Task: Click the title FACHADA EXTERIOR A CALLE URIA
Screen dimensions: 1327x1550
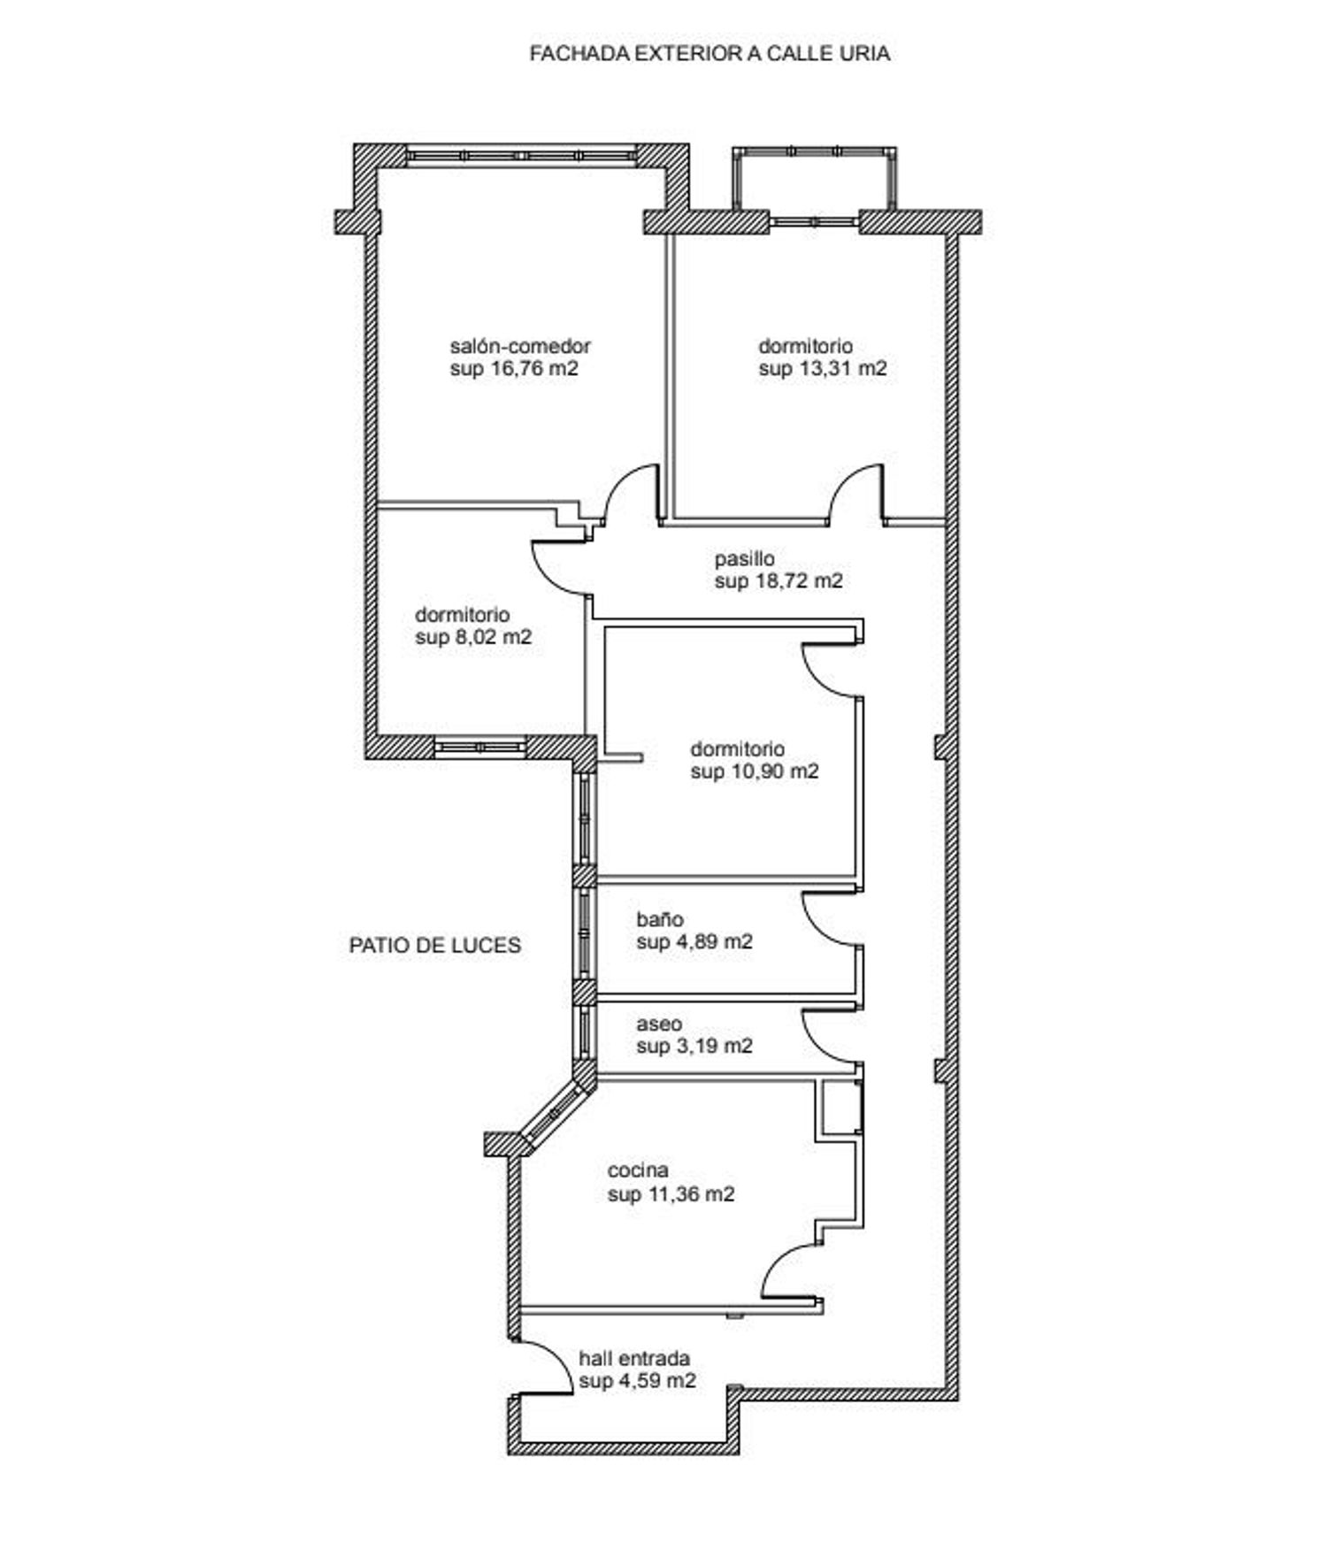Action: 710,53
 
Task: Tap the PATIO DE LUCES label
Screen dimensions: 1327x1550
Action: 435,945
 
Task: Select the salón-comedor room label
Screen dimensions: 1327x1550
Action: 520,346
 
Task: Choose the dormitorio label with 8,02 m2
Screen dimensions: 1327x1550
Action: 463,614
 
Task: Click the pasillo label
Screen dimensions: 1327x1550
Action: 745,559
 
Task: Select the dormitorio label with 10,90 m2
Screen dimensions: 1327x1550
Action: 738,749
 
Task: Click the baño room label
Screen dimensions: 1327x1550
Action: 660,919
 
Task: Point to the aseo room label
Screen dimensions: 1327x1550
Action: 659,1024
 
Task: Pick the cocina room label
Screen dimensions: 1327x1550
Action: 638,1170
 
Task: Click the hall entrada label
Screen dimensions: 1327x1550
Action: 634,1358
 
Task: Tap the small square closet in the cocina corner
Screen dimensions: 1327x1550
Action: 841,1106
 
